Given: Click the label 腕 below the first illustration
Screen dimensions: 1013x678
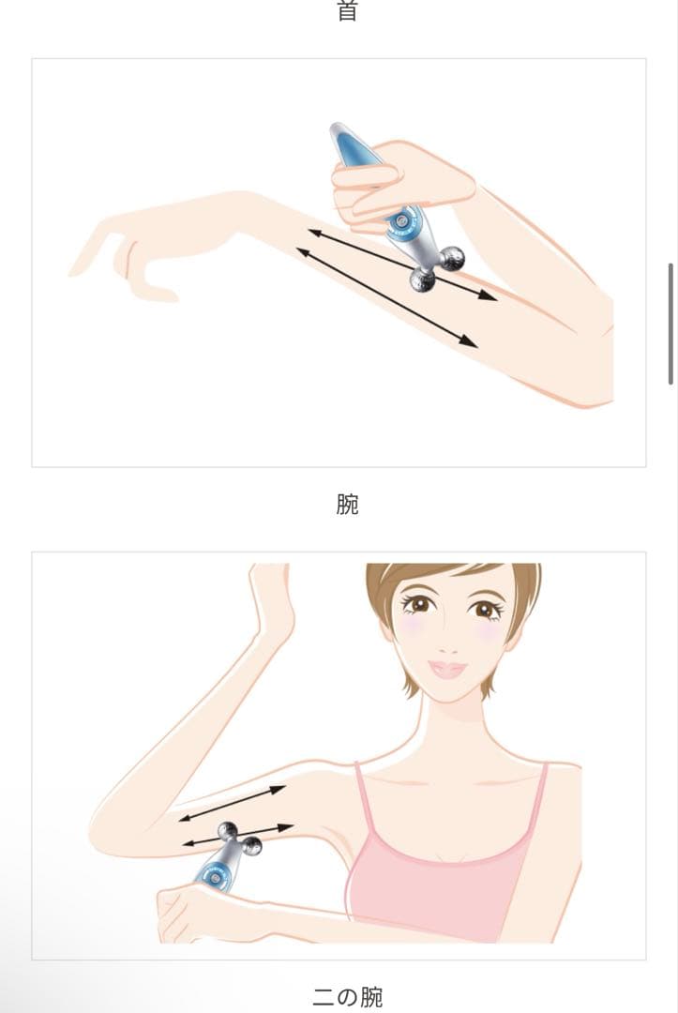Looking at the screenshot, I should [x=347, y=505].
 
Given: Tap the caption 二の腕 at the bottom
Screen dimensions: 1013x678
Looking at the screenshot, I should [x=347, y=996].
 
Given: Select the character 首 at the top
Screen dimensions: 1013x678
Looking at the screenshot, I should [x=347, y=11].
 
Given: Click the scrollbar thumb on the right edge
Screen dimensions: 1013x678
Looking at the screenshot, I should [x=670, y=324].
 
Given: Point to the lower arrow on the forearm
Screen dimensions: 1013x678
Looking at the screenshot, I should [x=386, y=297].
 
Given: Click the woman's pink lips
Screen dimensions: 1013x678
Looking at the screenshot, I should [x=447, y=670].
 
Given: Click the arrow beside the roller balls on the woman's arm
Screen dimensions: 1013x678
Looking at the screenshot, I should [x=237, y=836].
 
